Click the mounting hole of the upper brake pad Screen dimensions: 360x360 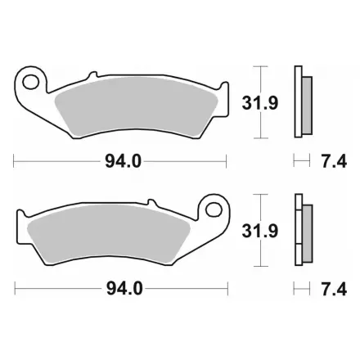point(30,82)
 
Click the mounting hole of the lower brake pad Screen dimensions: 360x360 point(214,210)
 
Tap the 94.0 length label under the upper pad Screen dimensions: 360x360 point(124,162)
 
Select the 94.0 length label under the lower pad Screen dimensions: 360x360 point(124,289)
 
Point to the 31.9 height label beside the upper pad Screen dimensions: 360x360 point(260,103)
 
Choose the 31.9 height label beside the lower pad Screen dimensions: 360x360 point(260,231)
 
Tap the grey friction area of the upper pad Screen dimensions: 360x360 point(137,107)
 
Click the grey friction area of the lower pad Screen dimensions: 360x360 point(109,234)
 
